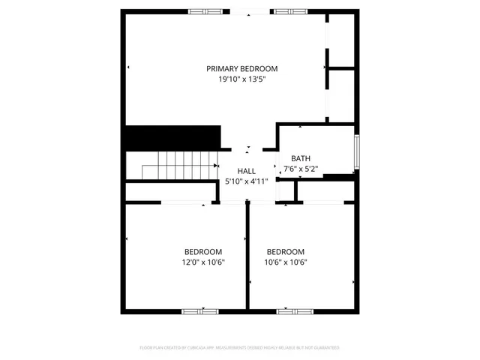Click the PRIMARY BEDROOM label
[x=242, y=68]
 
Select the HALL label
[x=247, y=171]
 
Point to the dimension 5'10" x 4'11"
[x=247, y=181]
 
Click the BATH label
[x=301, y=158]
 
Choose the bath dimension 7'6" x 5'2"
[x=301, y=169]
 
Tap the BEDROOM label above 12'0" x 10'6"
[x=203, y=251]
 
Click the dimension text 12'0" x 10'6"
[x=203, y=262]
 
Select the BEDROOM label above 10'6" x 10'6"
[x=286, y=251]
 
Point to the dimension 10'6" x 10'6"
[x=286, y=262]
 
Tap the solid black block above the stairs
[x=172, y=137]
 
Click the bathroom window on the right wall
[x=357, y=154]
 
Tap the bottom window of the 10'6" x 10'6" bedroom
[x=295, y=310]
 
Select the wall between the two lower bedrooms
[x=247, y=255]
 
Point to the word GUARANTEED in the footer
[x=325, y=348]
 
